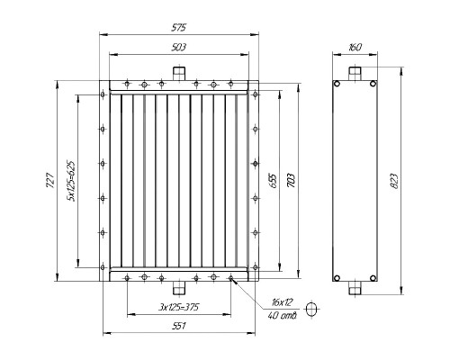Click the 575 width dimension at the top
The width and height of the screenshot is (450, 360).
179,28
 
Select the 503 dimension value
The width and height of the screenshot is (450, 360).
179,48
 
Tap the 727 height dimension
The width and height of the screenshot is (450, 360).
50,180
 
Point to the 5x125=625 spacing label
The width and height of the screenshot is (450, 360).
71,181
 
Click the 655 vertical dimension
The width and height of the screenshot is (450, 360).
273,180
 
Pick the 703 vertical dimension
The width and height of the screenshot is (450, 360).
292,180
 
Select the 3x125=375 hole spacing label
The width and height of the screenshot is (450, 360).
179,307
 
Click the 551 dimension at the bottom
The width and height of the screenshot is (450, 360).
179,326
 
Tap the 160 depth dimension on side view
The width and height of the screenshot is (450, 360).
355,48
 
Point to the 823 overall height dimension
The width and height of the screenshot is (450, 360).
394,181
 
